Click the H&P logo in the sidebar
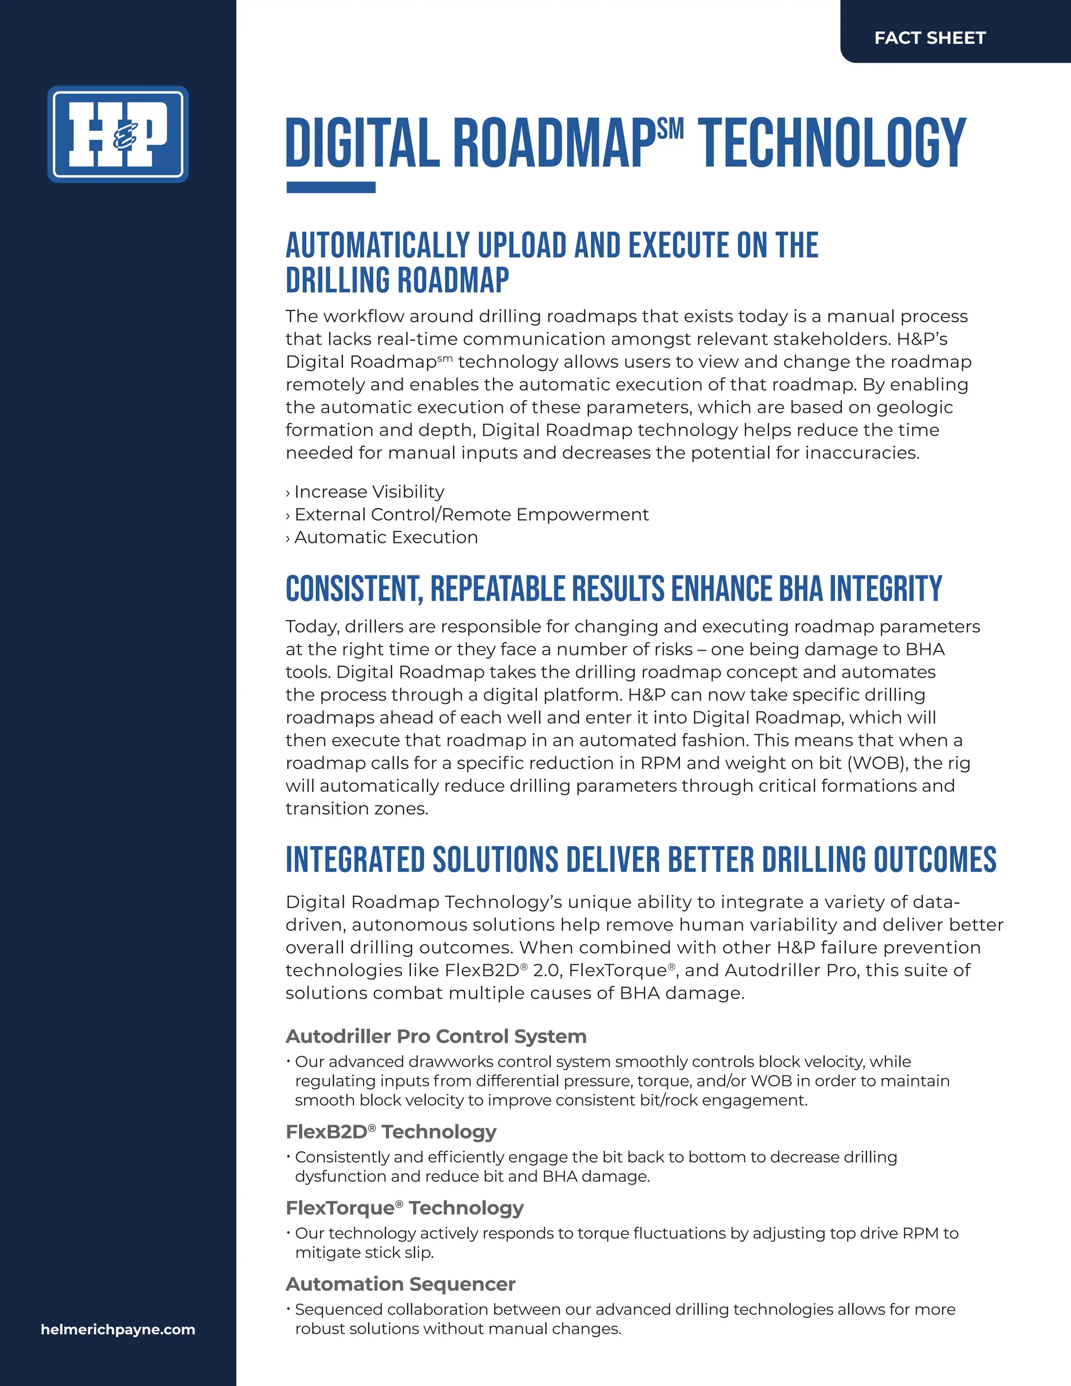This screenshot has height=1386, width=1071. tap(118, 134)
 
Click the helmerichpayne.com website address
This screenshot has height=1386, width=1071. tap(118, 1330)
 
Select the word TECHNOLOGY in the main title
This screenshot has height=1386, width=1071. tap(832, 143)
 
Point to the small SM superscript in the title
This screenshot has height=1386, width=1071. tap(670, 129)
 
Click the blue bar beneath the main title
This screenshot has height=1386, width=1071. tap(331, 187)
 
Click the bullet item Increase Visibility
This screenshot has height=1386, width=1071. tap(369, 492)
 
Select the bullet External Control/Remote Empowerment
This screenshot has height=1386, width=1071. tap(471, 515)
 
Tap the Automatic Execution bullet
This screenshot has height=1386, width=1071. tap(386, 538)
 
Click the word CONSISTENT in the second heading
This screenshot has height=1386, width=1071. tap(354, 589)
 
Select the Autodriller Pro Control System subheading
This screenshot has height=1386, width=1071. tap(436, 1036)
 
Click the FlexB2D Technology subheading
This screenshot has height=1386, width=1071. tap(391, 1131)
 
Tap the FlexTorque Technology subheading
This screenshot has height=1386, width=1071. tap(404, 1208)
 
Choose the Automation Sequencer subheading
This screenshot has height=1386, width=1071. tap(401, 1284)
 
